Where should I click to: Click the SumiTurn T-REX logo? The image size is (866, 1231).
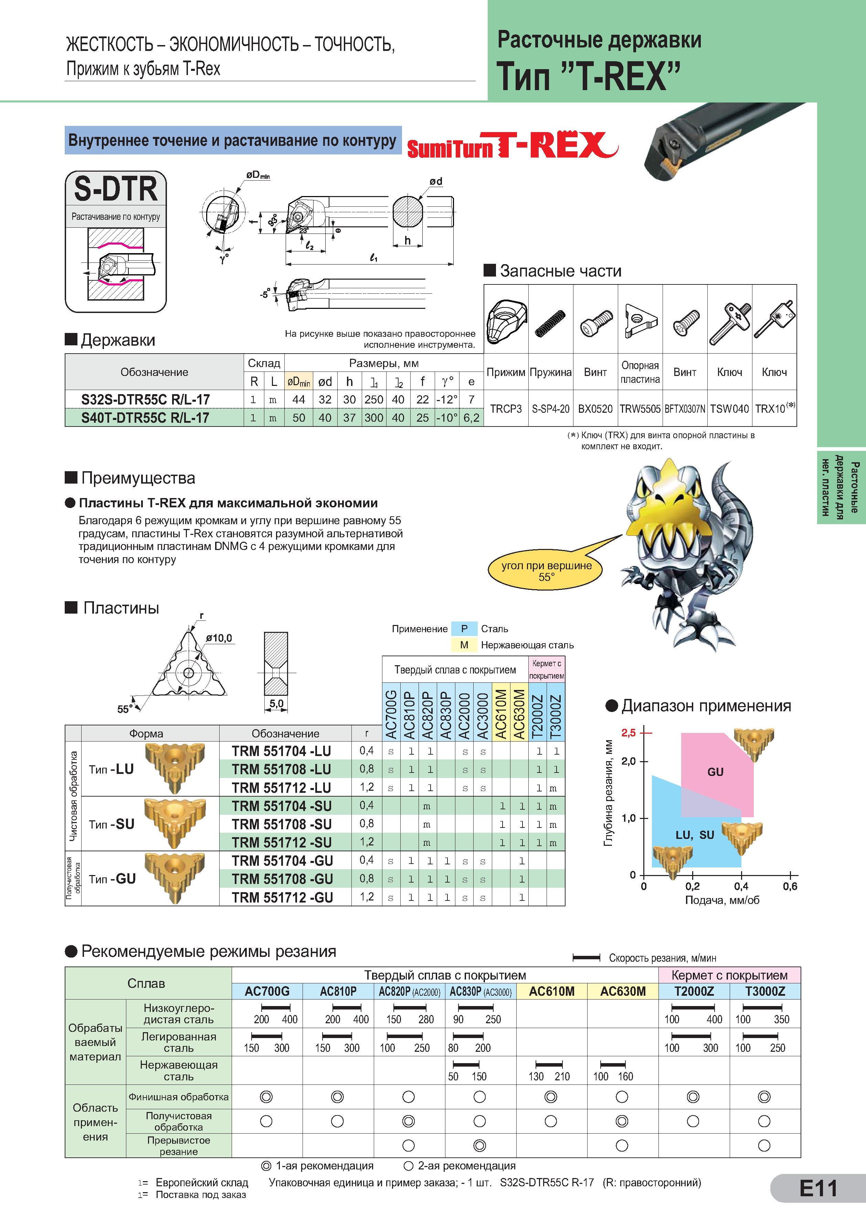[x=513, y=145]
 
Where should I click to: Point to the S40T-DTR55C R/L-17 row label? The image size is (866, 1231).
[x=145, y=418]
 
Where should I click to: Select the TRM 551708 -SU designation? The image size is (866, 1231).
[x=281, y=824]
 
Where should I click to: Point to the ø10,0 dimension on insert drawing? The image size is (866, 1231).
[x=218, y=638]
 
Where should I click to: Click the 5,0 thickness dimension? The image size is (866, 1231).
[x=276, y=703]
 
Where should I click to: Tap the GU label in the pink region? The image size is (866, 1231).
[x=715, y=772]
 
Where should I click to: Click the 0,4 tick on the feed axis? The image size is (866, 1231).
[x=741, y=887]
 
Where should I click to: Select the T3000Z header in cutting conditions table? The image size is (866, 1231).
[x=764, y=991]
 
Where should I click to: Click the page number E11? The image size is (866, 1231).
[x=818, y=1189]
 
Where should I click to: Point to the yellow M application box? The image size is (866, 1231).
[x=464, y=645]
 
